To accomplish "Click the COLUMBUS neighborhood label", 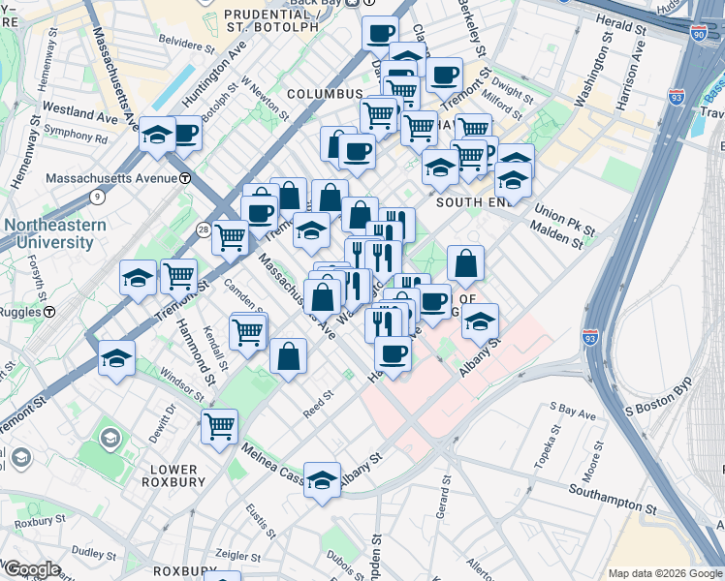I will click(x=324, y=94).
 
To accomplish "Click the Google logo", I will click(x=31, y=568).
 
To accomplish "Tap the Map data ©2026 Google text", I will click(x=665, y=573).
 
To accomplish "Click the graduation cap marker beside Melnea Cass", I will click(x=322, y=481).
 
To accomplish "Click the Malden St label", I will click(x=557, y=239).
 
